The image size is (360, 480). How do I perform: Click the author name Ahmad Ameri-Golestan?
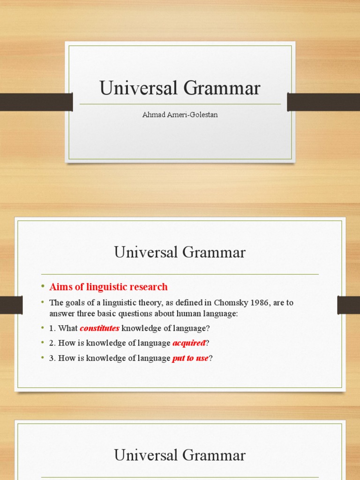tap(180, 115)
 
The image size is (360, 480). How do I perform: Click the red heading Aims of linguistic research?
tap(108, 287)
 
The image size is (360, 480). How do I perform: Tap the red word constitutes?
tap(99, 329)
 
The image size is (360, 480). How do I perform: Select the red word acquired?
tap(189, 343)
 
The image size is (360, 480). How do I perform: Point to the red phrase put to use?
tap(190, 359)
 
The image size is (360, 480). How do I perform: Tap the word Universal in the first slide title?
tap(135, 88)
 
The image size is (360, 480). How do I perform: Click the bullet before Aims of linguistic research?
tap(42, 286)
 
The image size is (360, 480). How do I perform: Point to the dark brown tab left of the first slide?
tap(36, 102)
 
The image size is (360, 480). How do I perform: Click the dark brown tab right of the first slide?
tap(323, 102)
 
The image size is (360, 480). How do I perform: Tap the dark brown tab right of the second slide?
tap(348, 305)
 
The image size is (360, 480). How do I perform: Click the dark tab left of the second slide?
tap(11, 305)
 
